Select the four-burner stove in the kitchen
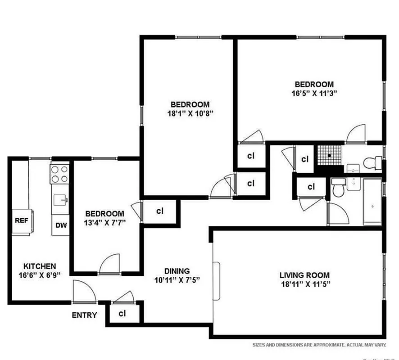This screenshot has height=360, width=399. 59,174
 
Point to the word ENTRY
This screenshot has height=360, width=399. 84,315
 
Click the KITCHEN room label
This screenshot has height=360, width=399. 40,266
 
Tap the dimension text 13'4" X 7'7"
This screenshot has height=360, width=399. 105,221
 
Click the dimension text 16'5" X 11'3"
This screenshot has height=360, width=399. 314,93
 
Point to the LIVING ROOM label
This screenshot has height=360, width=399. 304,275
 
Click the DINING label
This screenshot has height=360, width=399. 177,271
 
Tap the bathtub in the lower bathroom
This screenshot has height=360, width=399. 372,202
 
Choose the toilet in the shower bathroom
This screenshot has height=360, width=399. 373,162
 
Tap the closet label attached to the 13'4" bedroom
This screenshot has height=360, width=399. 159,211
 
